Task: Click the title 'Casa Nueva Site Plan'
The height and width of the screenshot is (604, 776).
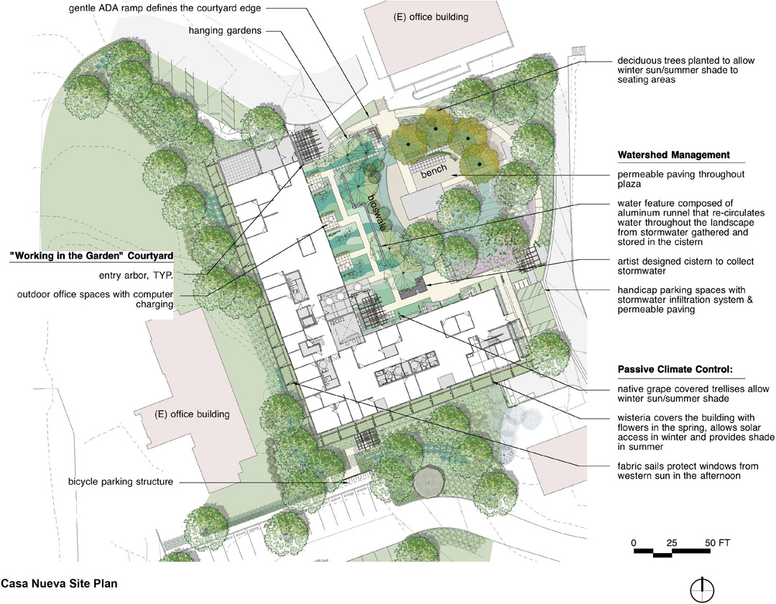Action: pos(59,583)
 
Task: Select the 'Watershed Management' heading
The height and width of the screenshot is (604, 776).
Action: pos(673,155)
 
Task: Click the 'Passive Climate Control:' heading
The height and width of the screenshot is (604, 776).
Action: pos(675,371)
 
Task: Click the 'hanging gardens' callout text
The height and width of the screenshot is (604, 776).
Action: pos(225,31)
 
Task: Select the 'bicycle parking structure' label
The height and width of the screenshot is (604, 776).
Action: pos(121,481)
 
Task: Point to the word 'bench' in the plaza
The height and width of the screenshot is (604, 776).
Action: pos(435,169)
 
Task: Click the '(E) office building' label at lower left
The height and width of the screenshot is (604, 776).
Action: pos(193,414)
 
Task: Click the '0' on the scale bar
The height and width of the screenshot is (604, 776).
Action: pos(634,542)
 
